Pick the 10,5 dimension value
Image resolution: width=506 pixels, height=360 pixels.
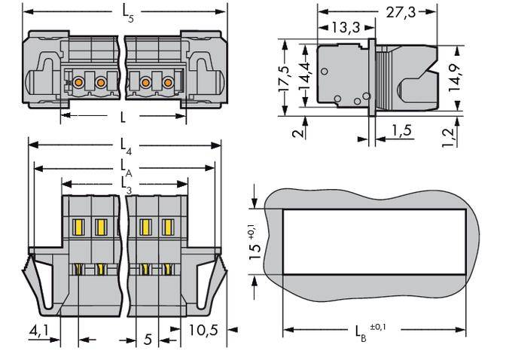201,331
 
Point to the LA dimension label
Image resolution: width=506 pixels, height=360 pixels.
125,164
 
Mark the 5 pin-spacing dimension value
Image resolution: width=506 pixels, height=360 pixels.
148,340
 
